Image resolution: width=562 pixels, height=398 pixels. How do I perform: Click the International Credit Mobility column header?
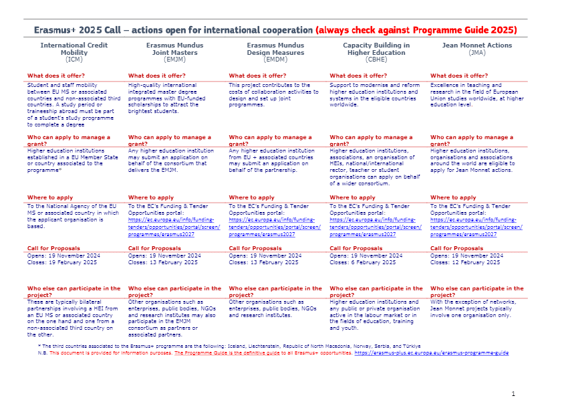coord(74,48)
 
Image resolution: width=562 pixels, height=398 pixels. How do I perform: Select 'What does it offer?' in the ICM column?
coord(56,76)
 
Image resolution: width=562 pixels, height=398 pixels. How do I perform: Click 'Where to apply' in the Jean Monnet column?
coord(453,197)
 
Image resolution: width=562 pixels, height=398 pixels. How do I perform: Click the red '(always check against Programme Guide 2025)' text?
coord(417,30)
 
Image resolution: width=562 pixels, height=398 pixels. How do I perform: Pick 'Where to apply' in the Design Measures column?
coord(251,197)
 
